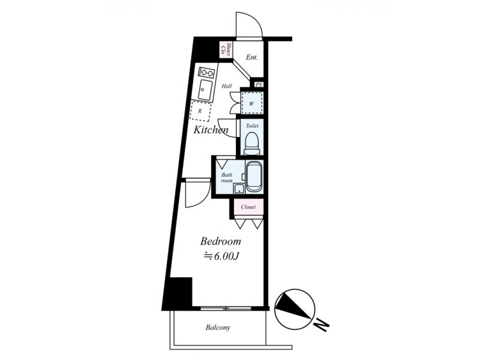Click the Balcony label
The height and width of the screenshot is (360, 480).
[x=218, y=328]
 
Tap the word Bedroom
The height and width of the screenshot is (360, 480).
[x=220, y=241]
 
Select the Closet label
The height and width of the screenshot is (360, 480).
[x=248, y=207]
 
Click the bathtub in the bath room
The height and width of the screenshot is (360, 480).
[x=254, y=176]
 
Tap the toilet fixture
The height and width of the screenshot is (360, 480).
[x=252, y=143]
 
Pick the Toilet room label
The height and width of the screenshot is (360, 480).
[x=252, y=126]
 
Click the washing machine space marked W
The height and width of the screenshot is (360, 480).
[x=252, y=103]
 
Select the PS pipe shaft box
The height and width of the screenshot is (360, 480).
[x=259, y=85]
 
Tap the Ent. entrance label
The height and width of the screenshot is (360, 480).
[x=251, y=57]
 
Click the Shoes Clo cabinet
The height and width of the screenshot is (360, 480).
[x=227, y=50]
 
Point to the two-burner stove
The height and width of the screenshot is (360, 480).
[x=206, y=73]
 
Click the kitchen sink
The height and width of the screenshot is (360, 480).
[x=205, y=89]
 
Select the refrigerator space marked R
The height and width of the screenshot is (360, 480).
[x=200, y=111]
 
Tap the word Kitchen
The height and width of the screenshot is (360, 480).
[x=211, y=130]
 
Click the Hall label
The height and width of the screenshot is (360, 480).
[x=227, y=86]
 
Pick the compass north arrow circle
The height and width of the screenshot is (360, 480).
[x=295, y=309]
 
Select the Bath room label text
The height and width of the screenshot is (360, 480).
[x=227, y=178]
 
